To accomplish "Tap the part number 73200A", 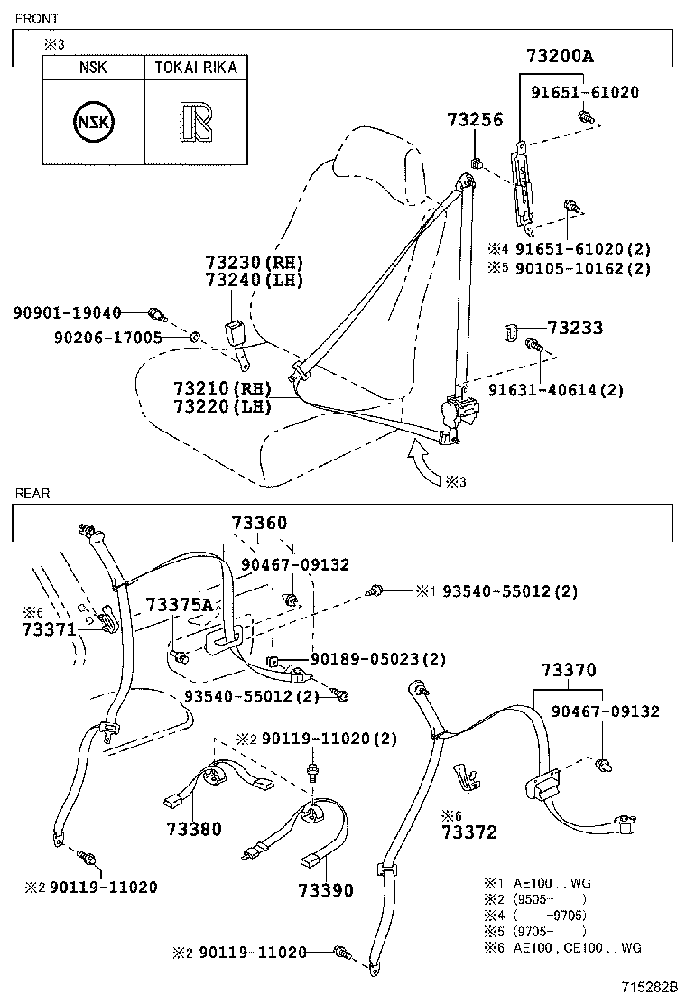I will pos(560,56).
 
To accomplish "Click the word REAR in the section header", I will pos(32,494).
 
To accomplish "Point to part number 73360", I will pos(259,523).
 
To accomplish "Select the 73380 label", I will pos(193,828).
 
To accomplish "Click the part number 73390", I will pos(326,890).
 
